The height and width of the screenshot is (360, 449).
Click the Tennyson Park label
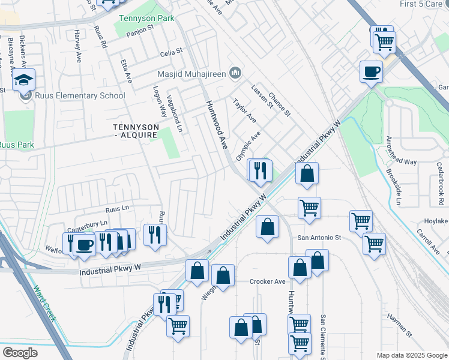tap(146, 19)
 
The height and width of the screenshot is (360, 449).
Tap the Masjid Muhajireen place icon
tap(235, 74)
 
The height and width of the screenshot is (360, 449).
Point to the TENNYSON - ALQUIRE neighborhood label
tap(136, 131)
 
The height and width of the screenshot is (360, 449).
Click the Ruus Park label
tap(16, 145)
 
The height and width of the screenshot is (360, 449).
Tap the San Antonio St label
tap(319, 238)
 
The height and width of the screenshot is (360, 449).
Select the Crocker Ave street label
tap(268, 281)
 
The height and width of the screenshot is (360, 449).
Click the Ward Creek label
tap(46, 304)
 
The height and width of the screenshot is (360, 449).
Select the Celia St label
tap(170, 53)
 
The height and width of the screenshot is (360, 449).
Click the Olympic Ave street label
tap(247, 146)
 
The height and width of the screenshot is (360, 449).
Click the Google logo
tap(20, 352)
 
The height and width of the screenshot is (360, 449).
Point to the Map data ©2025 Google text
tap(412, 355)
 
